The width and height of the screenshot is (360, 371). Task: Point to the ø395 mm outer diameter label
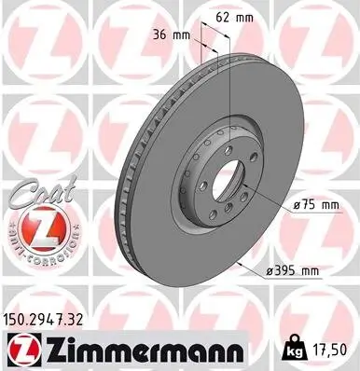296,271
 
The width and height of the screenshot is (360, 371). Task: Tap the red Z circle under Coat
35,227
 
